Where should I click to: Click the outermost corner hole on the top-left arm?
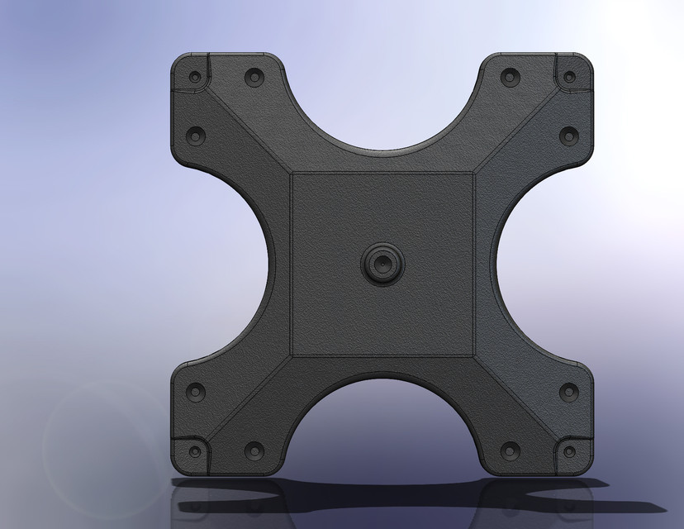195,77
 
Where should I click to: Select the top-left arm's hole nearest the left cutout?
195,134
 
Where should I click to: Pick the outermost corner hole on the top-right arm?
568,77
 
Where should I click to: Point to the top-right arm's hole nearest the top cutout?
510,77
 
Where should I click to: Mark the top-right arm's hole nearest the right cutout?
568,134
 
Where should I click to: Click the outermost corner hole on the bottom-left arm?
195,452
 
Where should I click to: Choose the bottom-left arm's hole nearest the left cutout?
195,393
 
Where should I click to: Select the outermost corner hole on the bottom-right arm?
568,452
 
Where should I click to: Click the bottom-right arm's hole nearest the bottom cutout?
510,451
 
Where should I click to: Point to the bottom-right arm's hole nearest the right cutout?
568,393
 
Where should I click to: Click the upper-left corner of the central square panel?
292,174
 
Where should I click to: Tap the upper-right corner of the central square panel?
473,174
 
